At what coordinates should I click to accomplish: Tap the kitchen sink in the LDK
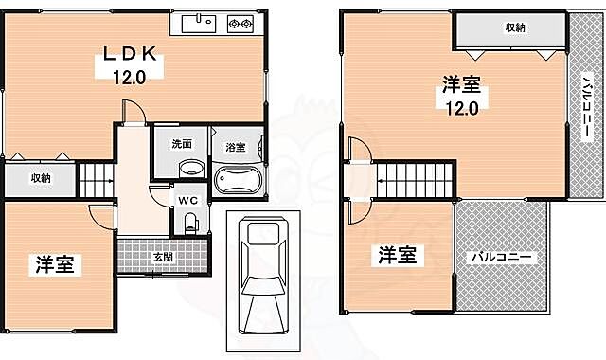(x=200, y=22)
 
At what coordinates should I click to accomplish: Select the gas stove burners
(x=241, y=22)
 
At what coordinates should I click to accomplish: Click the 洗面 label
(x=182, y=145)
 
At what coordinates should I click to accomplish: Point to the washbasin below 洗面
(x=191, y=169)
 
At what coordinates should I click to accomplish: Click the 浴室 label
(x=235, y=147)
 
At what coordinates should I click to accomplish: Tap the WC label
(x=187, y=200)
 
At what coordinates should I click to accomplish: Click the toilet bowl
(x=191, y=224)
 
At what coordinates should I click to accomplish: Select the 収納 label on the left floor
(x=40, y=177)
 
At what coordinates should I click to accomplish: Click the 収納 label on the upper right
(x=513, y=27)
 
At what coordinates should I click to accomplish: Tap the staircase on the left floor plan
(x=98, y=176)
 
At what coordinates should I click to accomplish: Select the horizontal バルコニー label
(x=503, y=257)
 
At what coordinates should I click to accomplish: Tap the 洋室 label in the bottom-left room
(x=58, y=262)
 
